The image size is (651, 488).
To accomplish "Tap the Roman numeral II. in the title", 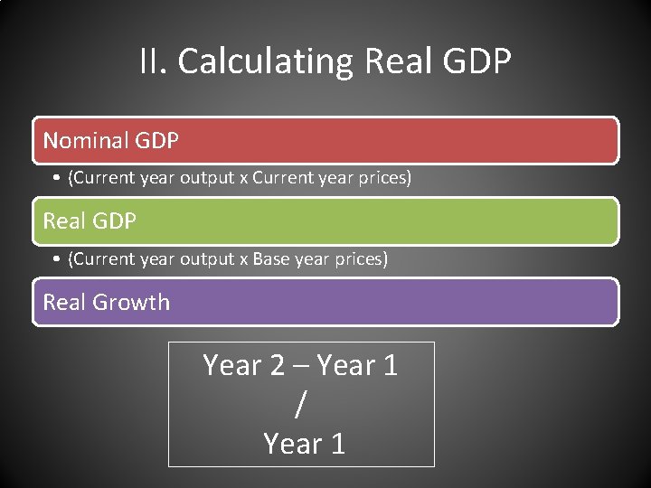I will click(x=155, y=62).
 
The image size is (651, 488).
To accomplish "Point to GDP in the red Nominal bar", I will click(x=156, y=141).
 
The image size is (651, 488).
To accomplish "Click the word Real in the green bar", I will click(x=64, y=221).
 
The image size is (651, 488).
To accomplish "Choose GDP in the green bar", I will click(x=114, y=221).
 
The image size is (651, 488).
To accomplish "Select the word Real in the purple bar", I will click(x=64, y=302).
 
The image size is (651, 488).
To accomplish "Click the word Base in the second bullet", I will click(x=270, y=259).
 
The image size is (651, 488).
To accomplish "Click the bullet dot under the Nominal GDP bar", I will click(x=56, y=179).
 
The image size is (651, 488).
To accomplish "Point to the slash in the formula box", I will click(x=300, y=405).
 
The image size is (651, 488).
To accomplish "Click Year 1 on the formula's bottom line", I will click(x=304, y=444).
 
